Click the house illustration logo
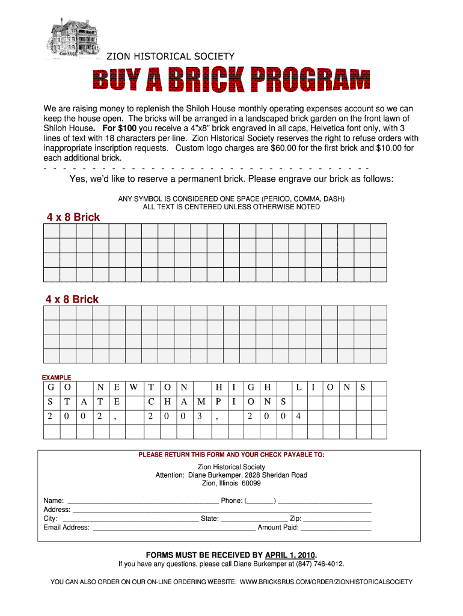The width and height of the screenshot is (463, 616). [x=73, y=37]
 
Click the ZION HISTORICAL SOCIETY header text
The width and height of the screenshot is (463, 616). [x=170, y=57]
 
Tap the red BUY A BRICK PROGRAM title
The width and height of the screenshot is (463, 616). [x=231, y=81]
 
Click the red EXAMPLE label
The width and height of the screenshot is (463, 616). [x=56, y=377]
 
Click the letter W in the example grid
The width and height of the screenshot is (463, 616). [x=133, y=388]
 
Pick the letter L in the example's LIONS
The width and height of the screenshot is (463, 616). [x=298, y=388]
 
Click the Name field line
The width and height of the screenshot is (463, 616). [x=143, y=501]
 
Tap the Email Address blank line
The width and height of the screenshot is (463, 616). [x=174, y=528]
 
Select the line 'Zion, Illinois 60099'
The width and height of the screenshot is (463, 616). [x=231, y=483]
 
